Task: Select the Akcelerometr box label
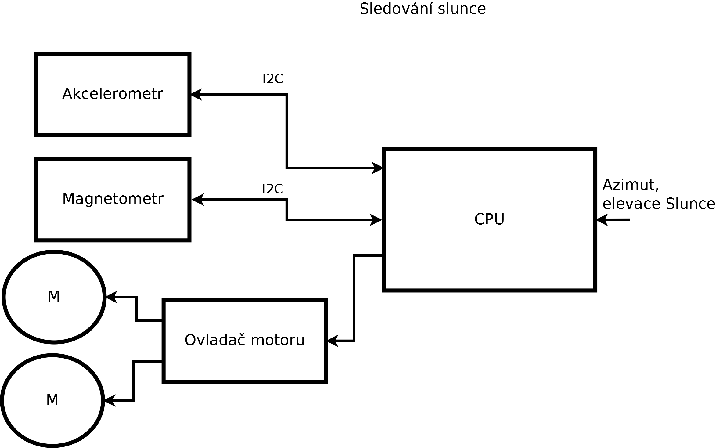(113, 94)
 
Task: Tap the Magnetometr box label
(113, 199)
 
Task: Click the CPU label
(489, 219)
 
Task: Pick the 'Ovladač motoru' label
(244, 340)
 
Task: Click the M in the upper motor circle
(54, 296)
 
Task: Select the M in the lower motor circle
(52, 400)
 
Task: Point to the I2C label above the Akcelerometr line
(273, 79)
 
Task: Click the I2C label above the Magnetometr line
(272, 189)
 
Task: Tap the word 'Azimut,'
(631, 185)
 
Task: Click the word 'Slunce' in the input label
(690, 204)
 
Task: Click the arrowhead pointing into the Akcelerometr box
(196, 94)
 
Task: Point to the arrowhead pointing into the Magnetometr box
(197, 200)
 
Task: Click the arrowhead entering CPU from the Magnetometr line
(376, 220)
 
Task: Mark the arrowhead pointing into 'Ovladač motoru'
(333, 341)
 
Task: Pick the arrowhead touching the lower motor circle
(110, 400)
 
